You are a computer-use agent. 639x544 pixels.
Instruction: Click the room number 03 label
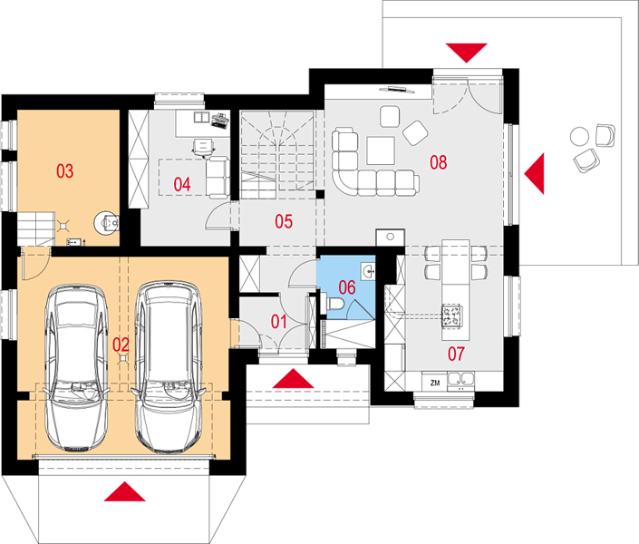(x=64, y=171)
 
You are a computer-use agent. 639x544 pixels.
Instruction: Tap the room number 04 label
(x=182, y=184)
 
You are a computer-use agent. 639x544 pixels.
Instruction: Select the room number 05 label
(x=284, y=221)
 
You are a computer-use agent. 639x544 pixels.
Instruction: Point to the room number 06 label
(x=347, y=287)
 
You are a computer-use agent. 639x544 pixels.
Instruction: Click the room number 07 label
(x=456, y=354)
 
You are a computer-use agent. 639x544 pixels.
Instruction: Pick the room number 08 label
(x=439, y=162)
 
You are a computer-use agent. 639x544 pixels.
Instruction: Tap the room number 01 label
(x=279, y=322)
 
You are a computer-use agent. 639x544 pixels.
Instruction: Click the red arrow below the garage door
(x=125, y=491)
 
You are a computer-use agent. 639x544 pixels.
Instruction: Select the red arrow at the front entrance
(x=293, y=378)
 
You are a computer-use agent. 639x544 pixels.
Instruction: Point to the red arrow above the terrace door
(x=467, y=53)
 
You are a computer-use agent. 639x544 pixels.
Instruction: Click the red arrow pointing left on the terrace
(x=534, y=174)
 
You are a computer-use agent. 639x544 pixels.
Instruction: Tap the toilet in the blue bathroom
(x=335, y=304)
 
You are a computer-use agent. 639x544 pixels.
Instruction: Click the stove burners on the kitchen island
(x=452, y=316)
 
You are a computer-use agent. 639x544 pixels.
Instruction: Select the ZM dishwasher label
(x=435, y=383)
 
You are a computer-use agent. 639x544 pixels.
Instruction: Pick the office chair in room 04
(x=203, y=148)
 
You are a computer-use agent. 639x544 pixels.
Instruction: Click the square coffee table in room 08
(x=381, y=151)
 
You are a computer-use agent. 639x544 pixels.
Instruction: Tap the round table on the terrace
(x=578, y=136)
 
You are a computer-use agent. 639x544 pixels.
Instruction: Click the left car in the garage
(x=76, y=368)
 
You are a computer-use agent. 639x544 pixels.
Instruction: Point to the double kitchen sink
(x=461, y=380)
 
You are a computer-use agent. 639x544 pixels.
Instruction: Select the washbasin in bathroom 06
(x=368, y=271)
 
